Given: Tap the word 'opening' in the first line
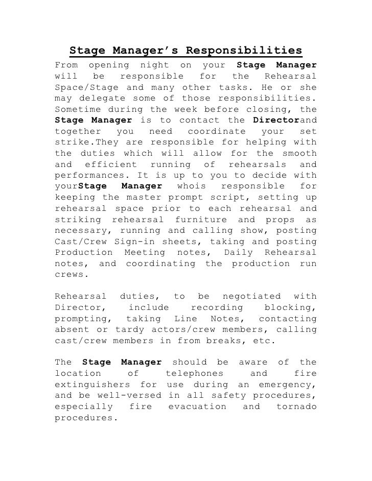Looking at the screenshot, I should point(107,65).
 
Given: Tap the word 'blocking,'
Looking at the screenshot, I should point(290,307).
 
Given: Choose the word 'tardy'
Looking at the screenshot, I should point(130,330).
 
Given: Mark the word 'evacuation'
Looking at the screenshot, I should point(197,406).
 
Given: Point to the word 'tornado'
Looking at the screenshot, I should point(296,406).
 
